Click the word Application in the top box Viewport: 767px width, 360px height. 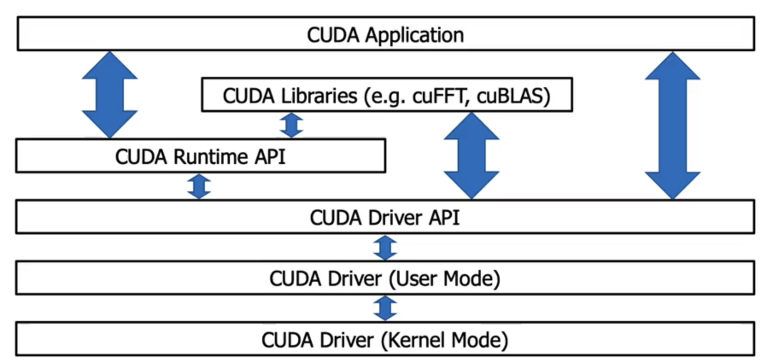(414, 35)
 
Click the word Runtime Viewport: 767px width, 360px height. (211, 157)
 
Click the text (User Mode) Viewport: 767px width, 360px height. (444, 279)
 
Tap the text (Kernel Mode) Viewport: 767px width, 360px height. (444, 340)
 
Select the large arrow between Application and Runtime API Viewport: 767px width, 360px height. (110, 95)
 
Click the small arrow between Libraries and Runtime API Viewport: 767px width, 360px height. (291, 125)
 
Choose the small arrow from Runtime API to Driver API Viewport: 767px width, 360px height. (199, 186)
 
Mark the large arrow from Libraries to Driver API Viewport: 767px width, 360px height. (471, 155)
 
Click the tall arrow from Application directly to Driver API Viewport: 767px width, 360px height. (672, 126)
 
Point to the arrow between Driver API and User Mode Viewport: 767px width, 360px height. (385, 248)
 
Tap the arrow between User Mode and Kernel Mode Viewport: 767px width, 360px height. (385, 308)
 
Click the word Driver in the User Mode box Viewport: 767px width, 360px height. (354, 279)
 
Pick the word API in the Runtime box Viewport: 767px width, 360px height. (270, 157)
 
